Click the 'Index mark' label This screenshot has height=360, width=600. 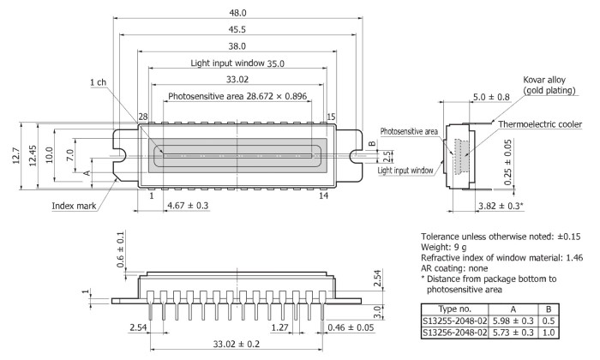pos(73,205)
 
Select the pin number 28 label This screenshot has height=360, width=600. pos(142,116)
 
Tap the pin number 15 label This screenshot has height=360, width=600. pos(331,116)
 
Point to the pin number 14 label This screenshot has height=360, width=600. pos(324,195)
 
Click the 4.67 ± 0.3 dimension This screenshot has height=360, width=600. pos(188,206)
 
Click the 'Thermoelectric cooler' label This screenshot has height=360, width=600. pos(539,125)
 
